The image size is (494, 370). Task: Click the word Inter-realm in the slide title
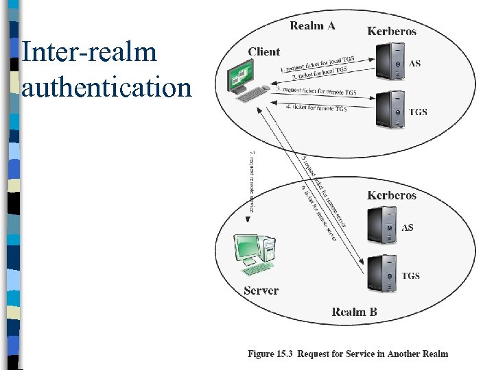[x=89, y=53]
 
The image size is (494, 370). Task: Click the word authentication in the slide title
[x=106, y=88]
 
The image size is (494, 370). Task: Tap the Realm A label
[x=312, y=26]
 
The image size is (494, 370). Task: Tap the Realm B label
[x=354, y=312]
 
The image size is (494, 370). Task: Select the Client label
[x=264, y=51]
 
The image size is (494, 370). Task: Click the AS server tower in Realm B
[x=381, y=225]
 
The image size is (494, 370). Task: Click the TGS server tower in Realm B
[x=381, y=273]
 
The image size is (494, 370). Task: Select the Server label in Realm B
[x=261, y=291]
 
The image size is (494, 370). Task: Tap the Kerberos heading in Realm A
[x=391, y=31]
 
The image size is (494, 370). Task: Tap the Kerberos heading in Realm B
[x=391, y=195]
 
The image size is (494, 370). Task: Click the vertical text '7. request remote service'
[x=252, y=181]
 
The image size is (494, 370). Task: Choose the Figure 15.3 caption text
[x=347, y=354]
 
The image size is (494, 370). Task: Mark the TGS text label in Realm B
[x=410, y=276]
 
